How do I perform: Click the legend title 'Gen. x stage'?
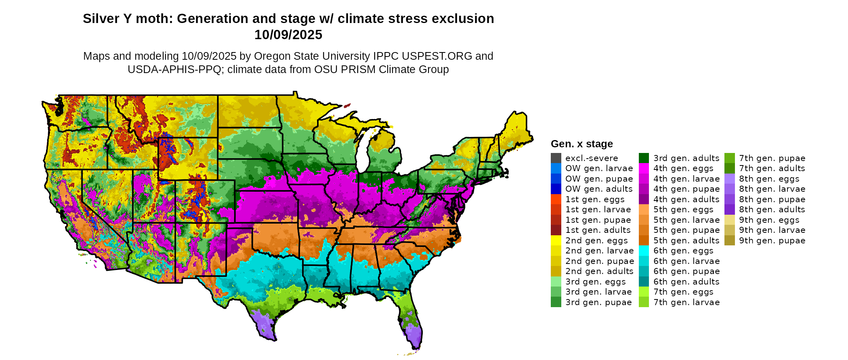point(581,144)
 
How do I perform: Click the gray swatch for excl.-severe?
point(556,158)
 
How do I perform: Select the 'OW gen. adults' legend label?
point(599,189)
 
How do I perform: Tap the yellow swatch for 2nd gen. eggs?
point(556,241)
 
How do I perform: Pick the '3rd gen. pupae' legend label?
point(598,302)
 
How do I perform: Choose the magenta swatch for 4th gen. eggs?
point(644,168)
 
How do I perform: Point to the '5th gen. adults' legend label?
point(686,241)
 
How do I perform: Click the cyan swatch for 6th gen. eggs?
point(644,251)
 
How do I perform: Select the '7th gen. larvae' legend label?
point(686,302)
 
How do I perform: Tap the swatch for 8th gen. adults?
point(729,209)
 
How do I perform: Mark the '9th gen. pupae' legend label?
point(772,241)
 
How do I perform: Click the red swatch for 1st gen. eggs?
point(556,199)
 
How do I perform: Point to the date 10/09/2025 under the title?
point(288,35)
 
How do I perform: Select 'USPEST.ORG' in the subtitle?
point(438,56)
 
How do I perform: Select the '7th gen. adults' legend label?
point(772,168)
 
